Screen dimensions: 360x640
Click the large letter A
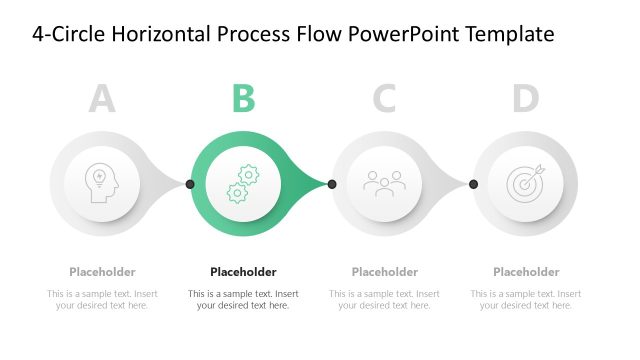pyautogui.click(x=102, y=99)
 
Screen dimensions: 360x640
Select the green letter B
pyautogui.click(x=244, y=99)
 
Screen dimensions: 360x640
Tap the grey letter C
pyautogui.click(x=385, y=99)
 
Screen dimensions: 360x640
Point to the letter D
pyautogui.click(x=526, y=99)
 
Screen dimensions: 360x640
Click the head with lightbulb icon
pyautogui.click(x=102, y=183)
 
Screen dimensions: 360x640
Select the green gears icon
pyautogui.click(x=243, y=184)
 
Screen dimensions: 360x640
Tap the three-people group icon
pyautogui.click(x=384, y=183)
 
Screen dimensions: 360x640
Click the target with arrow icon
pyautogui.click(x=526, y=183)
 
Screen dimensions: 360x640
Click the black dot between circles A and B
pyautogui.click(x=190, y=184)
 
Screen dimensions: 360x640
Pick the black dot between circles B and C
pyautogui.click(x=332, y=184)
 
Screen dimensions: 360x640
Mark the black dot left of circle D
pyautogui.click(x=473, y=184)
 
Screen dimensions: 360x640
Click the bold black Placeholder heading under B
pyautogui.click(x=243, y=272)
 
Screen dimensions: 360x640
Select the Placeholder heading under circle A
pyautogui.click(x=102, y=272)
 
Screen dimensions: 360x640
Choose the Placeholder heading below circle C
pyautogui.click(x=385, y=272)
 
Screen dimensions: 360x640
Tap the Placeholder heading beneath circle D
pyautogui.click(x=526, y=272)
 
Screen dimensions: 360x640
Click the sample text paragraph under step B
pyautogui.click(x=243, y=300)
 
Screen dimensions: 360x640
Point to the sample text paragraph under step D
pyautogui.click(x=526, y=300)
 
